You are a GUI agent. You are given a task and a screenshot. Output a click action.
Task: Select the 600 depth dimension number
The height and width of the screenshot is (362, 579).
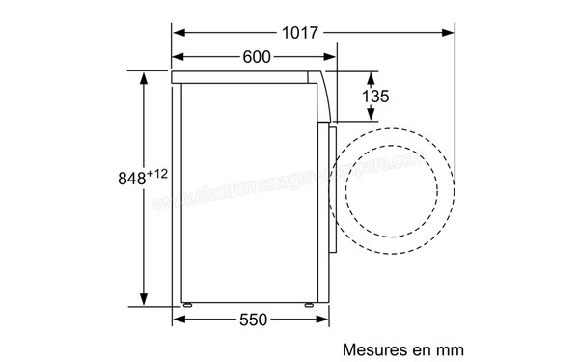point(256,57)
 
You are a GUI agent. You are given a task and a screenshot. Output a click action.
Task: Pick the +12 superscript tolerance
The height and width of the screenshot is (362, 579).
point(159,174)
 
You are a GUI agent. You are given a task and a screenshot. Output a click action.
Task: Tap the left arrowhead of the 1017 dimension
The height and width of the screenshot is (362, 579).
point(179,33)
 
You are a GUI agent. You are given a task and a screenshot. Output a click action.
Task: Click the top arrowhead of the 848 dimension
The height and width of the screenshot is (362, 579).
point(142,75)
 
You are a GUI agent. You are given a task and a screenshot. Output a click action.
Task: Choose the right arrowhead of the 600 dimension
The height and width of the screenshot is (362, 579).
point(332,57)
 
